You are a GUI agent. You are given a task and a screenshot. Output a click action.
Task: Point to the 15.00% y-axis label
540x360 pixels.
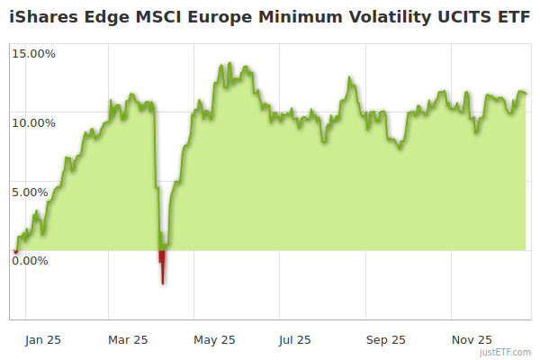coord(33,53)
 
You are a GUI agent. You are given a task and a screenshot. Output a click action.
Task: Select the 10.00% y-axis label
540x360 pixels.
coord(33,122)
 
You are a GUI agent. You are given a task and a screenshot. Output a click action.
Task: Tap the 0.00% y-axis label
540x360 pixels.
coord(30,261)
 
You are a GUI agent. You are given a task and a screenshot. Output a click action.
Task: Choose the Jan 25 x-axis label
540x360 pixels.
coord(42,339)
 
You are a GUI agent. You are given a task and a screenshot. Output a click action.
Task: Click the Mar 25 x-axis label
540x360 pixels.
coord(128,339)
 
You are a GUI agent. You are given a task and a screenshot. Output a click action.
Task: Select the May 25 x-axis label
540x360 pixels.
coord(214,339)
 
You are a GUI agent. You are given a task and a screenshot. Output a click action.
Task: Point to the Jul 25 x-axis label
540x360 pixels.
coord(294,339)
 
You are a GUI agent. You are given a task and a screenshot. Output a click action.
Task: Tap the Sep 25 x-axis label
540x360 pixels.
coord(386,339)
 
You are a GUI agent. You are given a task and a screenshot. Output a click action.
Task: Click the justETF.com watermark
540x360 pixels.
coord(507,353)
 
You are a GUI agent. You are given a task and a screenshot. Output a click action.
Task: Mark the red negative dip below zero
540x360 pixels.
coord(162,265)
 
